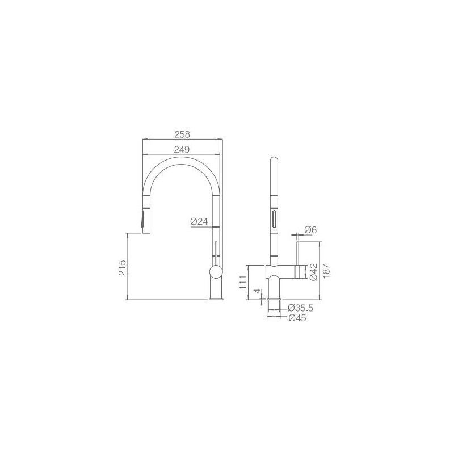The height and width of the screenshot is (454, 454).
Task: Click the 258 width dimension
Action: (x=182, y=134)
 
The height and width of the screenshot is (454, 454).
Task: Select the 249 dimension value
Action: (x=182, y=149)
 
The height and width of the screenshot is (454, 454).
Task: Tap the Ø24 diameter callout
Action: (x=199, y=222)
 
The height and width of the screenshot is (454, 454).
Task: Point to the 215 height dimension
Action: (x=123, y=267)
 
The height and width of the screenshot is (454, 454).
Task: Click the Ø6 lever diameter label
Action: (x=310, y=230)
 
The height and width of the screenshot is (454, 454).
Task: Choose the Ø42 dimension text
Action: (x=313, y=272)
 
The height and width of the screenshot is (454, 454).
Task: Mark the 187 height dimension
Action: (x=326, y=271)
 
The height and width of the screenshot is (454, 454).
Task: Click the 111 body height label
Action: (x=243, y=282)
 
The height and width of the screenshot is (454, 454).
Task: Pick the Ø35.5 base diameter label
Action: (x=301, y=308)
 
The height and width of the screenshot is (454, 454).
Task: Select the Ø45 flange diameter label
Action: (x=297, y=318)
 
